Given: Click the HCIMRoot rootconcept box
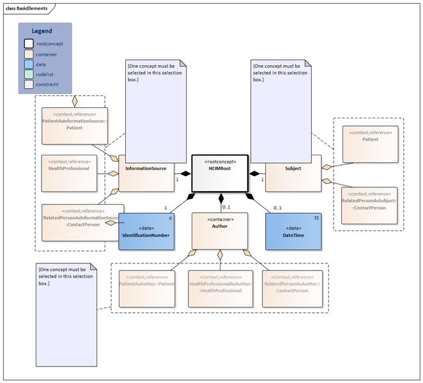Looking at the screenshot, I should pyautogui.click(x=220, y=173).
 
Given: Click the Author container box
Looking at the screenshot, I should pyautogui.click(x=220, y=230).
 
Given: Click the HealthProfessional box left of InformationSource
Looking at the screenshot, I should pyautogui.click(x=69, y=173).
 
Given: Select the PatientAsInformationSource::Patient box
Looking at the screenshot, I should pyautogui.click(x=69, y=125).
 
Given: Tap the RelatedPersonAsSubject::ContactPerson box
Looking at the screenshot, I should pyautogui.click(x=370, y=205).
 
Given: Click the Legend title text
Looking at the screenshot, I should pyautogui.click(x=42, y=31).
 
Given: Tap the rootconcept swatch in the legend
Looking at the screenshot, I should pyautogui.click(x=29, y=43).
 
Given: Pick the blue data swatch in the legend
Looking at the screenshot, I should pyautogui.click(x=29, y=64).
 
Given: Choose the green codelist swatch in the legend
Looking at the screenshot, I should pyautogui.click(x=29, y=74).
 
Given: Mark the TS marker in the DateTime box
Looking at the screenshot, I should pyautogui.click(x=316, y=218).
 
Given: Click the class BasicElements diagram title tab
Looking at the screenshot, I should pyautogui.click(x=28, y=7).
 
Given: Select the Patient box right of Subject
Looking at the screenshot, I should pyautogui.click(x=370, y=144).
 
